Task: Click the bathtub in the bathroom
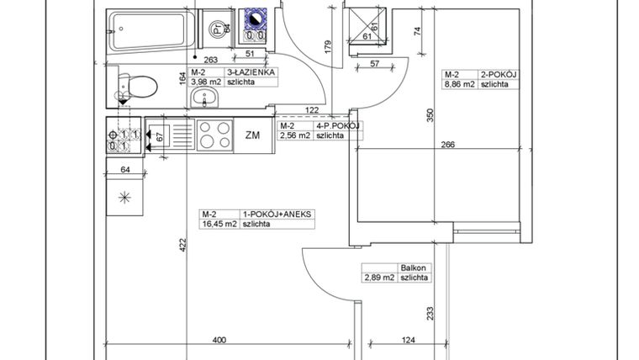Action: pos(151,31)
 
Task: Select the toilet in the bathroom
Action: pos(139,87)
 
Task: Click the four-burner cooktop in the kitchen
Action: pos(216,134)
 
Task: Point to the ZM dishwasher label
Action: pos(253,135)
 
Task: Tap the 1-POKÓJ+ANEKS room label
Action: pos(277,214)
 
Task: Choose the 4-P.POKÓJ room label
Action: pos(338,124)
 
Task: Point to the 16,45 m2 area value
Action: pos(216,225)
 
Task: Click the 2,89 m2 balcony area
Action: pos(378,277)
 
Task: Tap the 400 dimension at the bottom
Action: pos(219,340)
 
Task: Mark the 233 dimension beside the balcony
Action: pos(431,313)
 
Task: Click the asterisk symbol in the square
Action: pos(125,198)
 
